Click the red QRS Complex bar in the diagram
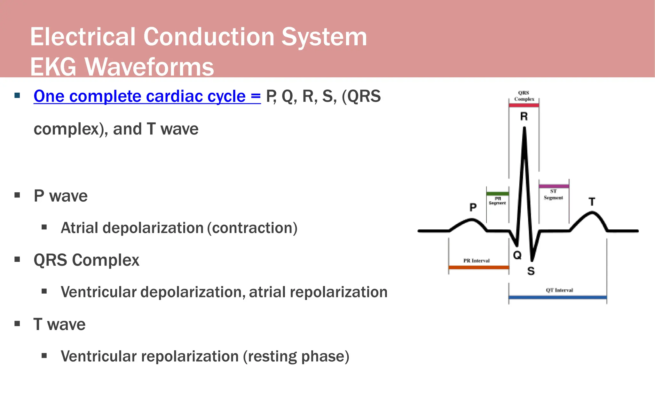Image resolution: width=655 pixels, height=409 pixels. (524, 105)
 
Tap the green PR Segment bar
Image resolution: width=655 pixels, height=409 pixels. (497, 194)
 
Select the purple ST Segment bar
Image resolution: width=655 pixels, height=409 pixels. (554, 186)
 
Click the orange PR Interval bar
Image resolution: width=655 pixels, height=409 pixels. (478, 267)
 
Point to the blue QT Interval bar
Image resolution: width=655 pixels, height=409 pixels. (557, 297)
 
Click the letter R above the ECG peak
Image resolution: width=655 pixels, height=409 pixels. (524, 117)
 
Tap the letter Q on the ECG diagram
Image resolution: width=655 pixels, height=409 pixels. (517, 255)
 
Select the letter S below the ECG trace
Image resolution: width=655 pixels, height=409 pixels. (531, 271)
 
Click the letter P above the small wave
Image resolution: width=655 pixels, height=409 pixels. (473, 207)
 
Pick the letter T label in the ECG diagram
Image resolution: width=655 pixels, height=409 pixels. (592, 202)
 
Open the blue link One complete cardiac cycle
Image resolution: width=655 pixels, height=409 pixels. (147, 96)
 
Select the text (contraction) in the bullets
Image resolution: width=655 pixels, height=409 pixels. (252, 228)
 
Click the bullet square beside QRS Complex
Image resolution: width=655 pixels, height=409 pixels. (17, 259)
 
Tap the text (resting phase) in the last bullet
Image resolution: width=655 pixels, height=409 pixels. (296, 356)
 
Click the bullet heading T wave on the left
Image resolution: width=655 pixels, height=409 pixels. (59, 324)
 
